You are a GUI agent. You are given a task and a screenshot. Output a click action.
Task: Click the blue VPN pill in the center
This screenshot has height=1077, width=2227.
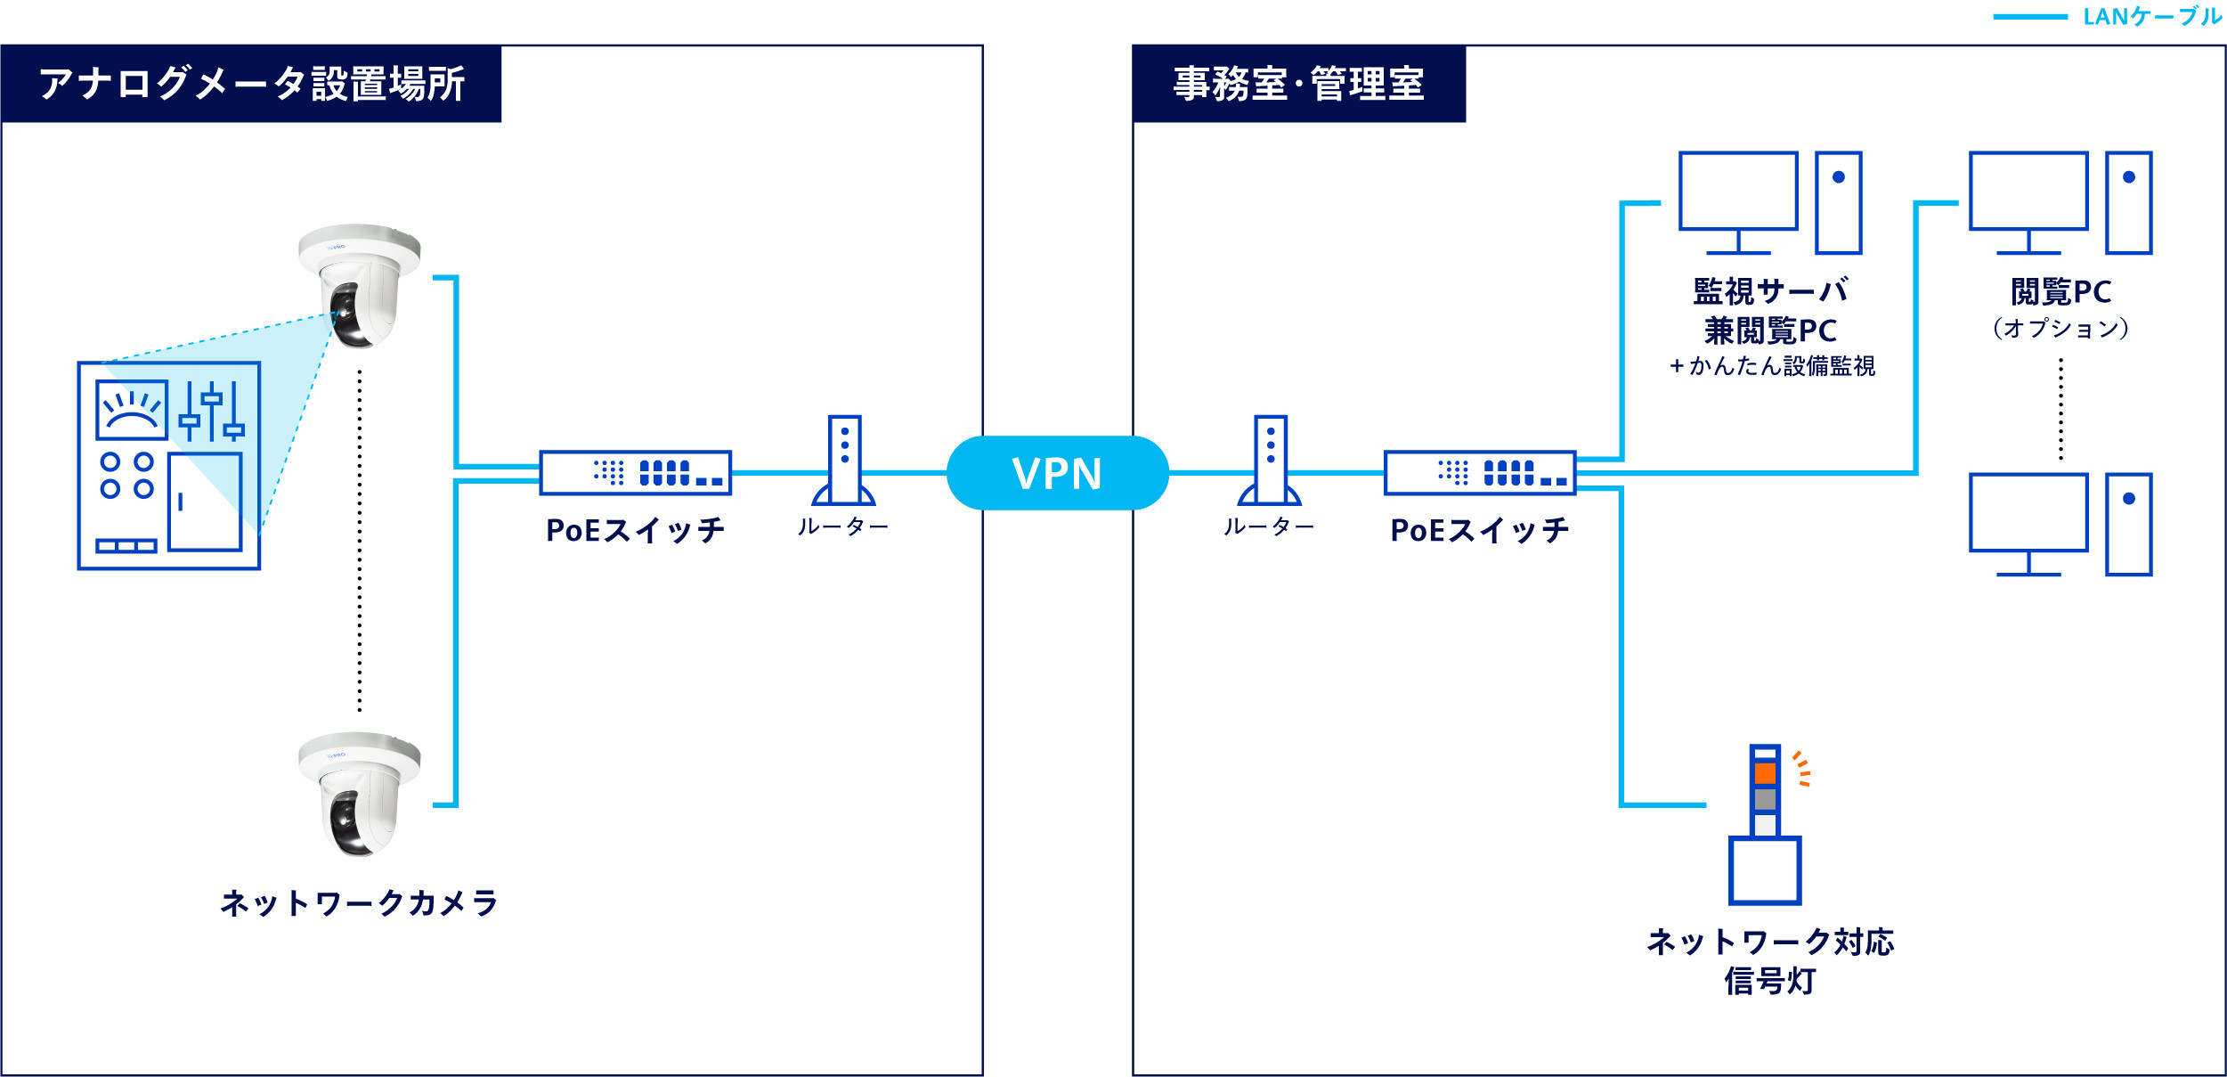click(1057, 473)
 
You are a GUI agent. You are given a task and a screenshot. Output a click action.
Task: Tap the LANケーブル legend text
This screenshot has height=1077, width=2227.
click(2151, 17)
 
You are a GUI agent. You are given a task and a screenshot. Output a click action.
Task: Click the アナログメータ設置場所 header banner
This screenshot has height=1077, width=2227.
click(251, 84)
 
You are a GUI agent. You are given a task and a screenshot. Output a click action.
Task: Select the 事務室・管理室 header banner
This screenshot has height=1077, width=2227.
click(1298, 84)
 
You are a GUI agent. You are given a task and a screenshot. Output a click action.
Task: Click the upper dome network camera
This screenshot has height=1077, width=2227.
click(360, 285)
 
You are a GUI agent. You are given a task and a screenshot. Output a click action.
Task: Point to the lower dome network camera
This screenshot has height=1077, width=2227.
click(360, 794)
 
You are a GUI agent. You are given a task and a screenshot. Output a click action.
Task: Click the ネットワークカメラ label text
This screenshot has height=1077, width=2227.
click(359, 903)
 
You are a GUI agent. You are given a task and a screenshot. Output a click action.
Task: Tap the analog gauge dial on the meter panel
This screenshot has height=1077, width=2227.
click(132, 410)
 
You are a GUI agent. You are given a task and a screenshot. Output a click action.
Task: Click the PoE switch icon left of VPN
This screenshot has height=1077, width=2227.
click(635, 473)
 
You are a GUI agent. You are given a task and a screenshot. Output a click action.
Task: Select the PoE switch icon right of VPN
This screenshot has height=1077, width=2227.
click(1479, 473)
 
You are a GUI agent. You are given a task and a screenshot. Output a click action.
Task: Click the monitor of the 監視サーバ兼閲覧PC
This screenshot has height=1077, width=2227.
click(1737, 192)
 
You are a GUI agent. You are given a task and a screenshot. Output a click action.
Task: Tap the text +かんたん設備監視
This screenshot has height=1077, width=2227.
click(1771, 366)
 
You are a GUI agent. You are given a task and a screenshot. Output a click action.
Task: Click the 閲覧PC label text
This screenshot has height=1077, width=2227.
click(2060, 292)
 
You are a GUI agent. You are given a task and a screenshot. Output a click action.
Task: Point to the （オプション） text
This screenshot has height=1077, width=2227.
click(2060, 329)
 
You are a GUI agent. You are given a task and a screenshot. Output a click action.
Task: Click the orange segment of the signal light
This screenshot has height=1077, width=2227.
click(1765, 773)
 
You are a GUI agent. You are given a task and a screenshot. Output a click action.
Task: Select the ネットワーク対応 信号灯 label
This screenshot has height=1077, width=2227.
click(1770, 961)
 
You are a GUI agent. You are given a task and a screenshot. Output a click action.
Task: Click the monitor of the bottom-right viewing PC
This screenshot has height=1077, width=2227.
click(2028, 513)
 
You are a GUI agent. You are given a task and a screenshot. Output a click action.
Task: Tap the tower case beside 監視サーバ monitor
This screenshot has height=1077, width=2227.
click(1838, 203)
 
